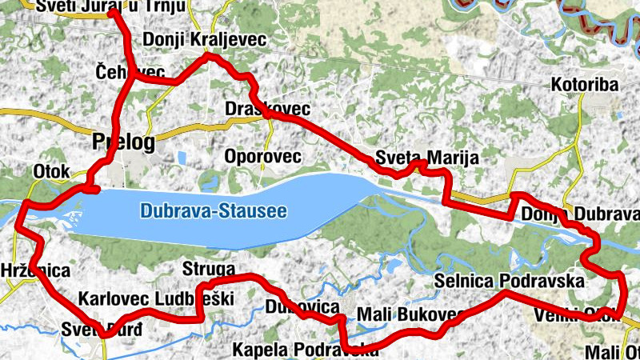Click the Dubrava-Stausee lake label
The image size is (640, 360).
(213, 212)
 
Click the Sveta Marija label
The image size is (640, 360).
(427, 158)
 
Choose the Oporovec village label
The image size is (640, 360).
(263, 156)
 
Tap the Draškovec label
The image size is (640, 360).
(267, 108)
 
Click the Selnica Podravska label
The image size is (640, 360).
(510, 282)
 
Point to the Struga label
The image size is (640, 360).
(208, 269)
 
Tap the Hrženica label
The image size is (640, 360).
(35, 270)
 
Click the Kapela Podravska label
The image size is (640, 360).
(304, 350)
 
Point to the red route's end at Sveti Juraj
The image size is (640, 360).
(111, 12)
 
